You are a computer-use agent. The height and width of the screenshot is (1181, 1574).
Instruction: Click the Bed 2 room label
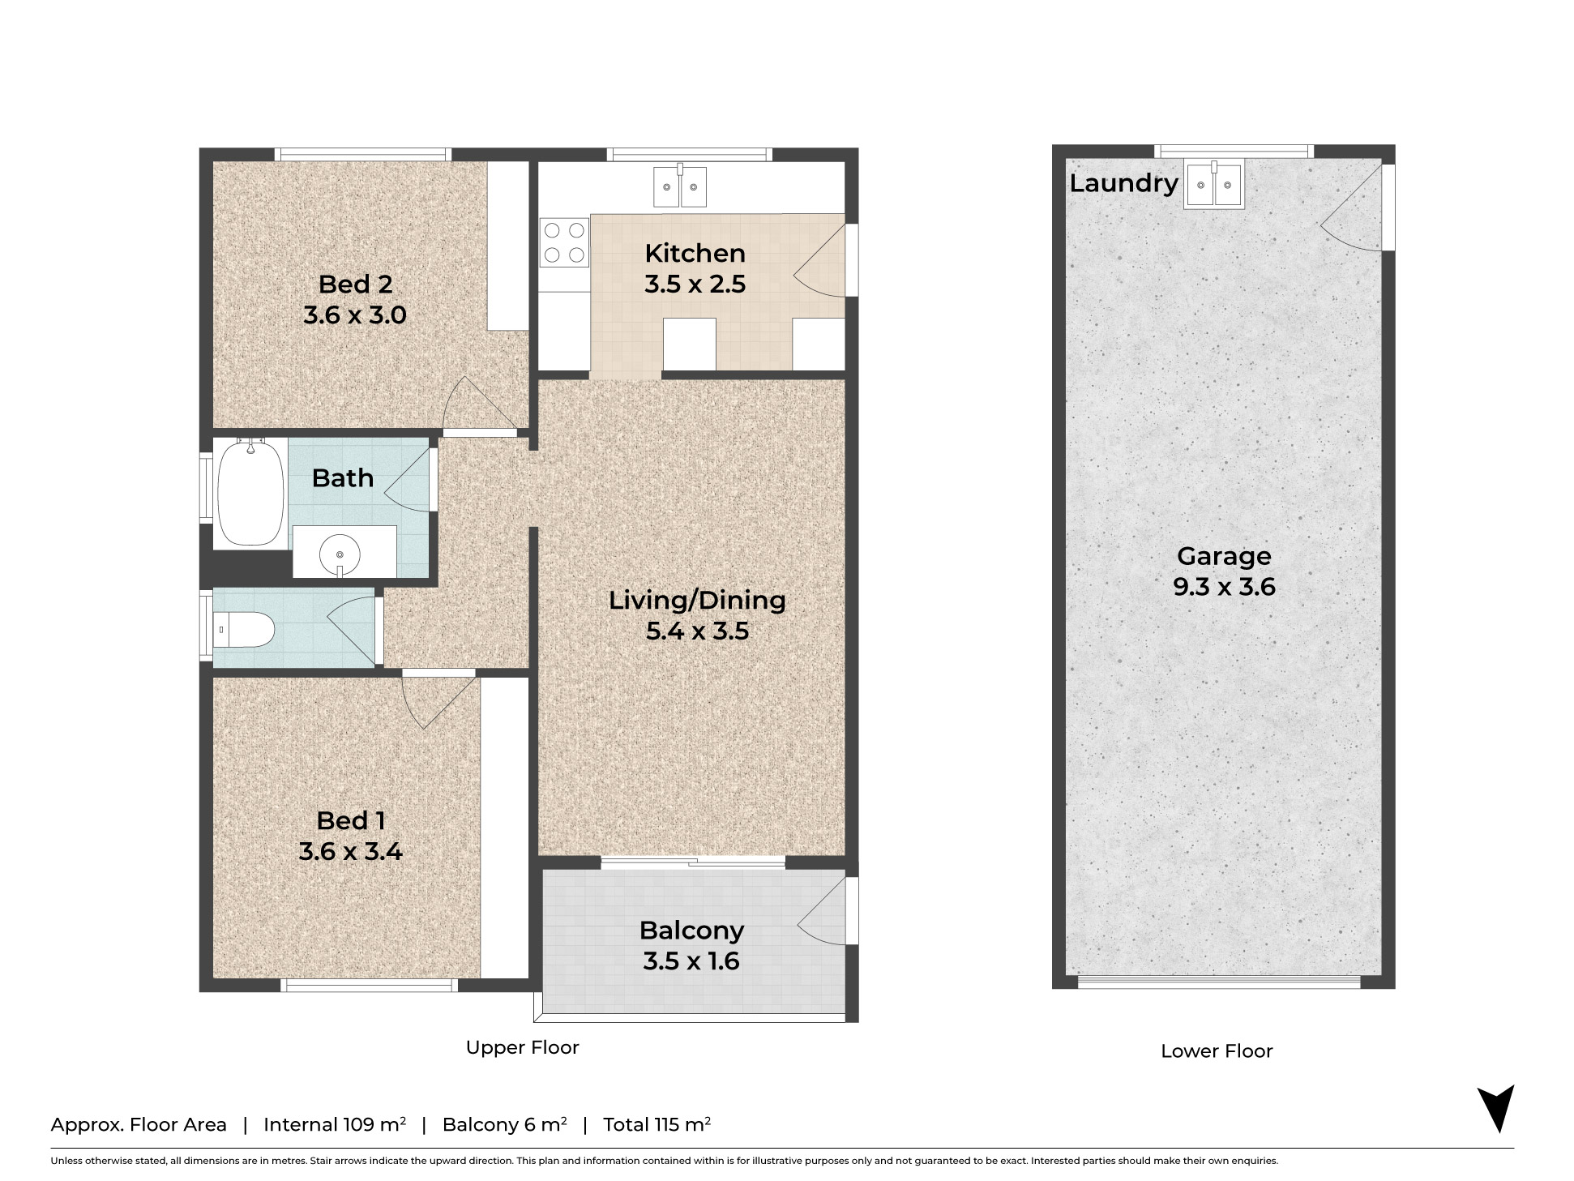point(355,284)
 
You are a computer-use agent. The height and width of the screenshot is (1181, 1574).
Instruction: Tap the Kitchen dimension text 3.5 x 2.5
point(695,284)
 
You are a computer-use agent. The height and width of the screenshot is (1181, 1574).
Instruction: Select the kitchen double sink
point(680,186)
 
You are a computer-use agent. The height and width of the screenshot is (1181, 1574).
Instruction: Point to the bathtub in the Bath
point(250,493)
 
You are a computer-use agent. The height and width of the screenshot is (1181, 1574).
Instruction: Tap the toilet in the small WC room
point(244,629)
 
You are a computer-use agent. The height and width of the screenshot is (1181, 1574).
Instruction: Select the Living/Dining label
point(697,600)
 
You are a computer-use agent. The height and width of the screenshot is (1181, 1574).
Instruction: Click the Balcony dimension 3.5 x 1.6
point(691,961)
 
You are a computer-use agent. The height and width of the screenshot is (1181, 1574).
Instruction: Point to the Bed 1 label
point(351,820)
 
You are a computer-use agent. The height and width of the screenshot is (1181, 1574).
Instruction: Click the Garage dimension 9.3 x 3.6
point(1224,586)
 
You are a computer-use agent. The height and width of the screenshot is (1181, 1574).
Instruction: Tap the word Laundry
point(1123,183)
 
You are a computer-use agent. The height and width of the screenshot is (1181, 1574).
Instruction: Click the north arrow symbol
point(1496,1108)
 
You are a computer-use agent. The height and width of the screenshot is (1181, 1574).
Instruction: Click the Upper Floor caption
point(522,1047)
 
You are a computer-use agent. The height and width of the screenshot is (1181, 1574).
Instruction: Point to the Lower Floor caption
point(1217,1051)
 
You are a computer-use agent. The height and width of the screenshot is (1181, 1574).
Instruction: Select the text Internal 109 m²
point(335,1124)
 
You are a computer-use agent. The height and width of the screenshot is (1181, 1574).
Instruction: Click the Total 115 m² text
point(657,1124)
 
